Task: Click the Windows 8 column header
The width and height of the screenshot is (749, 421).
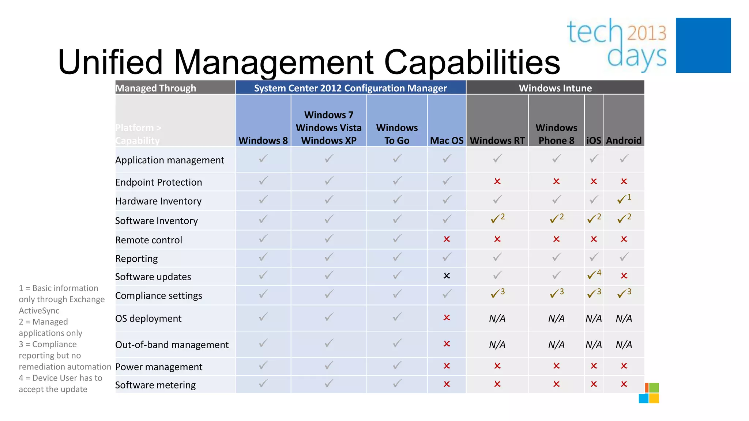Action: [263, 140]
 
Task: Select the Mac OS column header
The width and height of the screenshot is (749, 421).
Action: [447, 140]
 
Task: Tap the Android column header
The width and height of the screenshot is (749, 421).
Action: [624, 140]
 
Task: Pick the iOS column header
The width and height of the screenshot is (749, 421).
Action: [594, 140]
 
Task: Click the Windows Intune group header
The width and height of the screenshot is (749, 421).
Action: [555, 88]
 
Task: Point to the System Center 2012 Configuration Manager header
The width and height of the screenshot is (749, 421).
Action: [350, 88]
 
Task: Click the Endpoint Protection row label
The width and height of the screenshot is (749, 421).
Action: [158, 182]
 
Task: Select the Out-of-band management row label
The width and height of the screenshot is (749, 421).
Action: [172, 345]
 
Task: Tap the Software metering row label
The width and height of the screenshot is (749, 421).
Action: [155, 385]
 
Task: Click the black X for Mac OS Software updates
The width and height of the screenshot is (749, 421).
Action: [447, 276]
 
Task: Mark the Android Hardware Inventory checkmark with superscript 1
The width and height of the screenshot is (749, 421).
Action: [624, 199]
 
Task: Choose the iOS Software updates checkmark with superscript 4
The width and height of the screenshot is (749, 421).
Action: [594, 274]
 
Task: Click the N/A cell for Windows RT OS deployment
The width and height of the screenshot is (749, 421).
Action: [497, 318]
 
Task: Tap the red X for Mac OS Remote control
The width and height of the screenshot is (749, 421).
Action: [447, 239]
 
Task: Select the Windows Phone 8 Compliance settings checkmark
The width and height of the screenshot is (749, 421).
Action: [556, 293]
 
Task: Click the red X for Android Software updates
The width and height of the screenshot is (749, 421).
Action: [624, 276]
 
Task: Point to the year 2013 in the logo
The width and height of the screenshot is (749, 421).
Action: [647, 33]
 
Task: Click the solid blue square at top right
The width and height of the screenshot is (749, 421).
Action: [703, 45]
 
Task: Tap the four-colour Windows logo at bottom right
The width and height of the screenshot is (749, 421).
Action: [649, 393]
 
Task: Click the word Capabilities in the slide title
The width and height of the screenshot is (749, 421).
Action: [472, 62]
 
